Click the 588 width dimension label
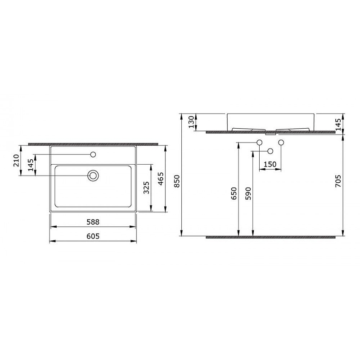[93, 222]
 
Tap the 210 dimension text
[16, 160]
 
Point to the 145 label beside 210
[31, 165]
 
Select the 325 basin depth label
[145, 188]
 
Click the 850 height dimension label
[177, 180]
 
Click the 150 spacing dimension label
[270, 165]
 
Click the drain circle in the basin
[93, 175]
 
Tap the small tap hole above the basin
[93, 155]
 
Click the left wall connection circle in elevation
[259, 143]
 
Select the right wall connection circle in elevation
[281, 143]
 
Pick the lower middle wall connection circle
[270, 151]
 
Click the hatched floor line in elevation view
[270, 236]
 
